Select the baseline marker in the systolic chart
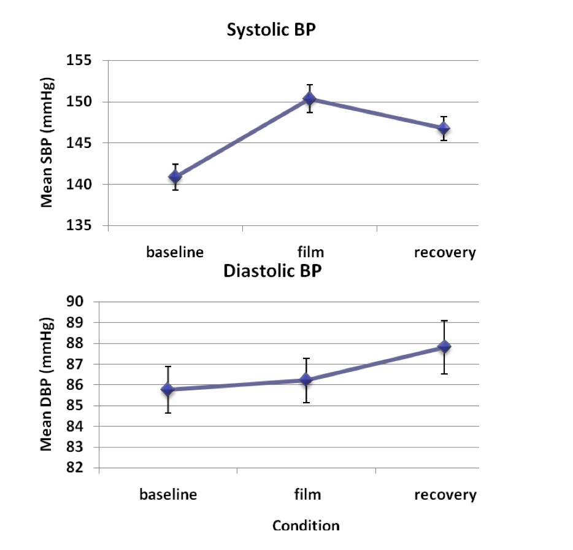pyautogui.click(x=175, y=177)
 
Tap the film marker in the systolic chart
pyautogui.click(x=310, y=98)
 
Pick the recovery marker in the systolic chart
pyautogui.click(x=444, y=128)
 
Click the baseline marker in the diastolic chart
pyautogui.click(x=167, y=389)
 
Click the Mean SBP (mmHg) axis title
pyautogui.click(x=47, y=142)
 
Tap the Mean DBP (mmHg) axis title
pyautogui.click(x=47, y=385)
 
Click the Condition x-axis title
pyautogui.click(x=306, y=525)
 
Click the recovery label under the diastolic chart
pyautogui.click(x=445, y=495)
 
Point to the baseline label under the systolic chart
pyautogui.click(x=174, y=252)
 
